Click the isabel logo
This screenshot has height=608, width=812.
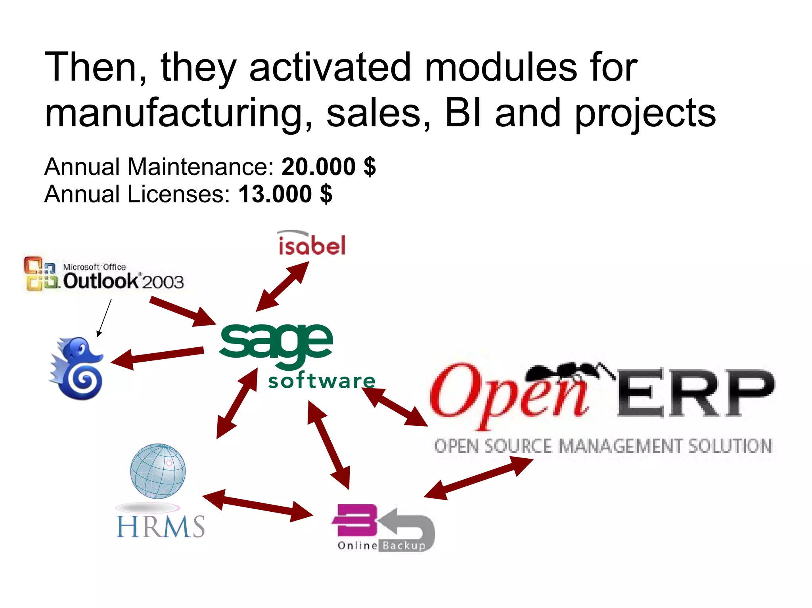pyautogui.click(x=312, y=244)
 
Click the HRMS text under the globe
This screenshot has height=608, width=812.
pyautogui.click(x=161, y=526)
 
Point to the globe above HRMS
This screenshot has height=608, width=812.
pyautogui.click(x=158, y=471)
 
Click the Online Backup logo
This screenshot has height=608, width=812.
pyautogui.click(x=383, y=528)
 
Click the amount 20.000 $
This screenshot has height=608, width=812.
pyautogui.click(x=328, y=167)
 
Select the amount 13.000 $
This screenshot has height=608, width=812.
pyautogui.click(x=285, y=194)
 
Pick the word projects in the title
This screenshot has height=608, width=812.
pyautogui.click(x=645, y=114)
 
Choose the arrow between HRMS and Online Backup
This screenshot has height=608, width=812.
pyautogui.click(x=258, y=506)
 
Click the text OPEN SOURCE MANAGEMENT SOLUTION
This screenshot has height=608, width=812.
pyautogui.click(x=603, y=446)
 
